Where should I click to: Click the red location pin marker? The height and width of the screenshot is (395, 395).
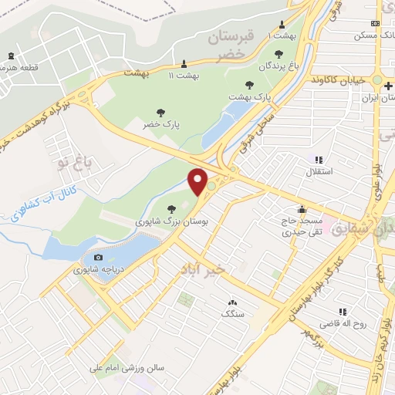point(199,181)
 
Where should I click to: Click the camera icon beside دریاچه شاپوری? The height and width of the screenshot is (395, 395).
point(97,258)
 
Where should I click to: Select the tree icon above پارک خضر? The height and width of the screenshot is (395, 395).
point(160,112)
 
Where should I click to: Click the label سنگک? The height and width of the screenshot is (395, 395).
point(232,314)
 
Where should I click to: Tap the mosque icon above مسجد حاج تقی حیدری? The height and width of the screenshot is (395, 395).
point(302,208)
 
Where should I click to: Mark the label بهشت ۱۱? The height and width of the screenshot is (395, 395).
point(184,75)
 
